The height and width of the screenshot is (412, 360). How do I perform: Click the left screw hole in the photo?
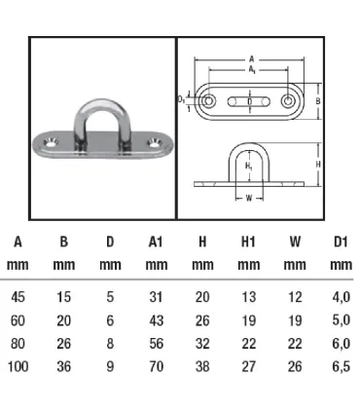point(51,142)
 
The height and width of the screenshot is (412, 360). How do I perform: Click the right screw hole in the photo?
point(154,142)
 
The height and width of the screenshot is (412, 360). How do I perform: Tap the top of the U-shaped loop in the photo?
point(100,103)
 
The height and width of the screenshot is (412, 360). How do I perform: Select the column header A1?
point(156,242)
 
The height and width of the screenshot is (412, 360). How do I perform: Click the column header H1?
point(248,242)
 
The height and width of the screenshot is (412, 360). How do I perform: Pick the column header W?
point(295,242)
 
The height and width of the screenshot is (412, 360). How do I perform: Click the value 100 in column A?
point(18,366)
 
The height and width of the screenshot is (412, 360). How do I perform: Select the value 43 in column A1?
point(156,320)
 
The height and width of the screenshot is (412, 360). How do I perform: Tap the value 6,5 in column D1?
point(342,366)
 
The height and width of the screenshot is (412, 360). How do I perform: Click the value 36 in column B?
point(63,366)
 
